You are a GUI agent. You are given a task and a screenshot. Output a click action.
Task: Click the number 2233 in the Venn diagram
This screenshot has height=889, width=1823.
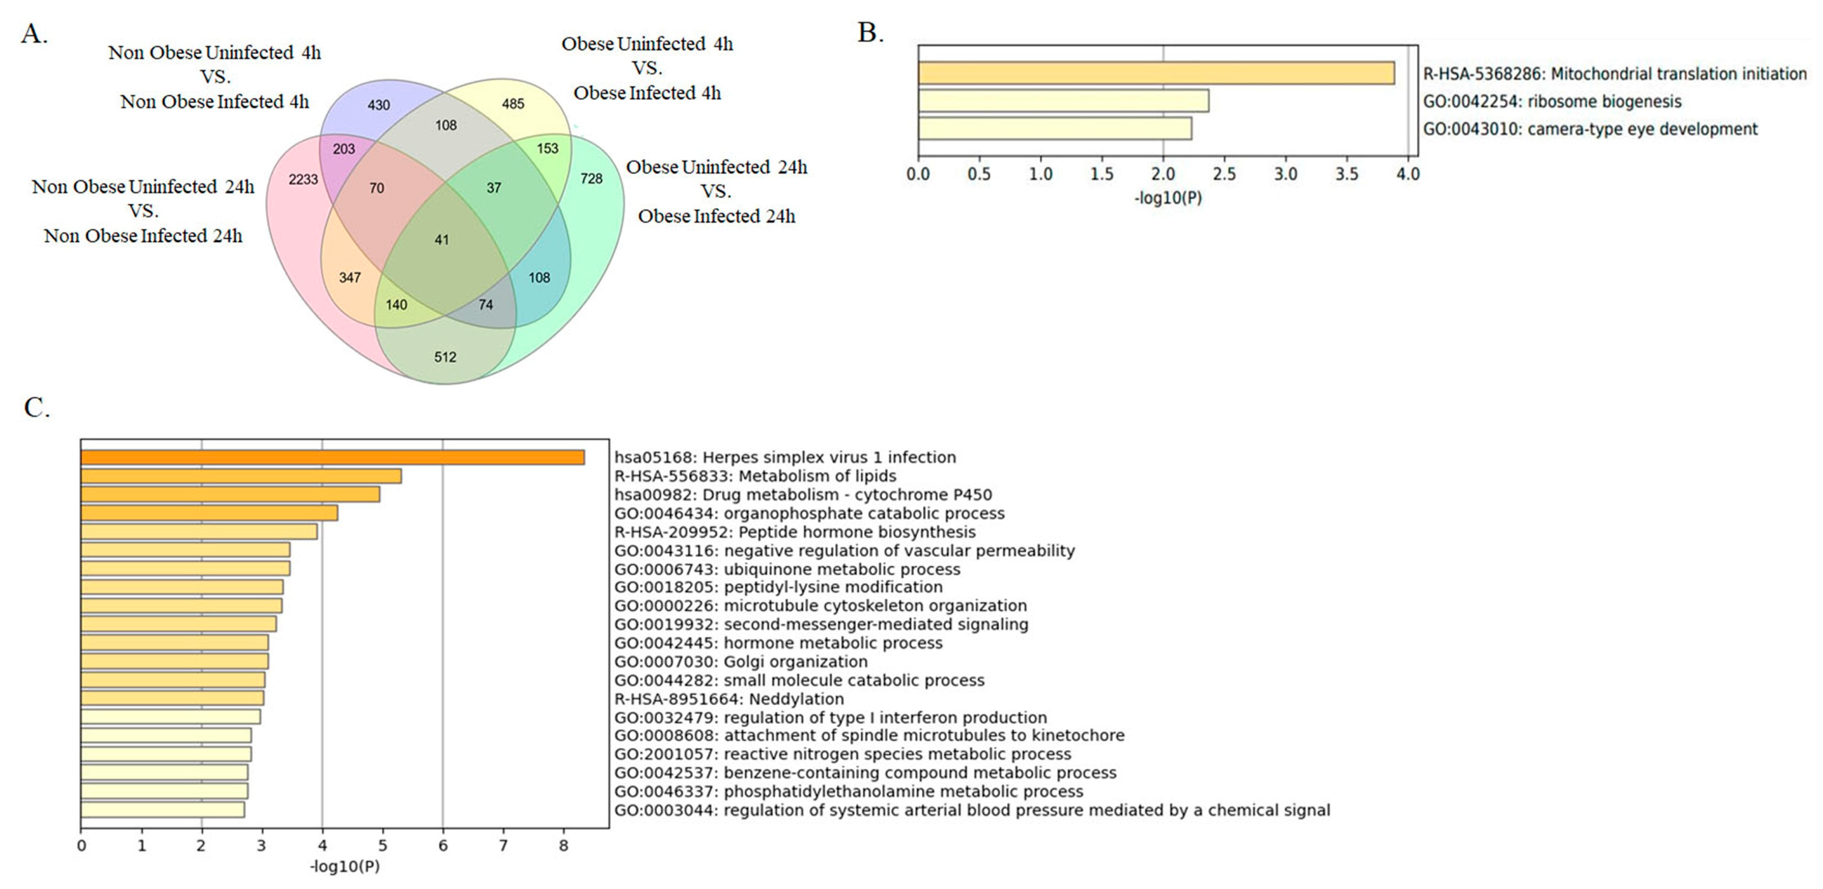tap(303, 180)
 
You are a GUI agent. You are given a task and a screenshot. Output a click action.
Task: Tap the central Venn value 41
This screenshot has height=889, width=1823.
tap(442, 240)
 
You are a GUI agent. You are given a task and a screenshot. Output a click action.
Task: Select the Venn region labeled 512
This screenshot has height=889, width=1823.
tap(445, 357)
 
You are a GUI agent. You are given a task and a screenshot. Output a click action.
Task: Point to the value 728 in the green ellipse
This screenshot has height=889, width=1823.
tap(591, 178)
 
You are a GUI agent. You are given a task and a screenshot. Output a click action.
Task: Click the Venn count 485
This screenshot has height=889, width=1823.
tap(513, 104)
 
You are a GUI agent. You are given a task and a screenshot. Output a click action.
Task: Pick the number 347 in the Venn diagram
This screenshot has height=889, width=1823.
tap(350, 277)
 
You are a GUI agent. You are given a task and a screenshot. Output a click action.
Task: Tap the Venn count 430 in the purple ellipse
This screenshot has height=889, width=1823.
tap(379, 105)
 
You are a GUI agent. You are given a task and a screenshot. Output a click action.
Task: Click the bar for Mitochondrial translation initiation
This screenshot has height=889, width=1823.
tap(1156, 74)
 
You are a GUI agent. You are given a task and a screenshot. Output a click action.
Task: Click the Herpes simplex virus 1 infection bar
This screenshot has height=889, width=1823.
tap(333, 457)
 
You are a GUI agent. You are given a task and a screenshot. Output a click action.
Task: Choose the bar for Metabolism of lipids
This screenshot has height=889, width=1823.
tap(241, 476)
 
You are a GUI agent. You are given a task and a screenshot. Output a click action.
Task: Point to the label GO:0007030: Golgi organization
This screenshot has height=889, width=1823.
tap(740, 662)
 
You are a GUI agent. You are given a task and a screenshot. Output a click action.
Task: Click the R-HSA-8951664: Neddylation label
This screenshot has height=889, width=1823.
tap(729, 699)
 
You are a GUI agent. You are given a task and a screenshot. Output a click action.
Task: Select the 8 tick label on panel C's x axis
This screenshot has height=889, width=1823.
tap(564, 845)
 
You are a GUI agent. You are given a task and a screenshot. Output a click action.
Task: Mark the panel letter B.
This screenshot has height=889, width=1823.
tap(870, 32)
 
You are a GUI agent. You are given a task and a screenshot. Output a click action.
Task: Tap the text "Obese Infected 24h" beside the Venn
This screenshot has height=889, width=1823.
tap(716, 216)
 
